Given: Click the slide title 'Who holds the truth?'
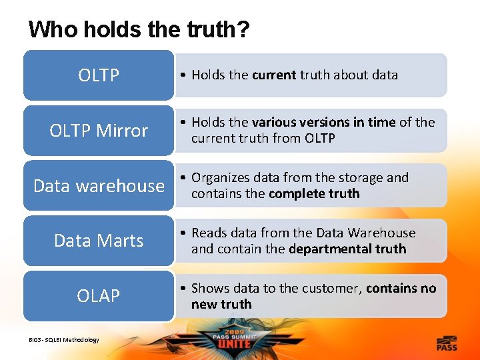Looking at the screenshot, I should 139,29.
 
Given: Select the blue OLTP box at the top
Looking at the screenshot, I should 99,75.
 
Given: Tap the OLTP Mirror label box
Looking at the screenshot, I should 99,131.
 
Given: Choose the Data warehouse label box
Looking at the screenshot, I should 99,185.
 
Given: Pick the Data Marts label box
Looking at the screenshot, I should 99,240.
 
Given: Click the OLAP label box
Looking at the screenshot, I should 99,295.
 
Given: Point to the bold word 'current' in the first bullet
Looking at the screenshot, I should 274,75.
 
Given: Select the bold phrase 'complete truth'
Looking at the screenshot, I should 314,194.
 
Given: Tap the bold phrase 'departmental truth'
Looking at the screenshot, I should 347,249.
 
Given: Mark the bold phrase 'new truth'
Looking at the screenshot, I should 221,305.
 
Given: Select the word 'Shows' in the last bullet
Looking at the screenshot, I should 210,289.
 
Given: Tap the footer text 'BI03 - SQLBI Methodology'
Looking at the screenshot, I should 63,340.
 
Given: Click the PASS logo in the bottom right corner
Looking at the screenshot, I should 446,344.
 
